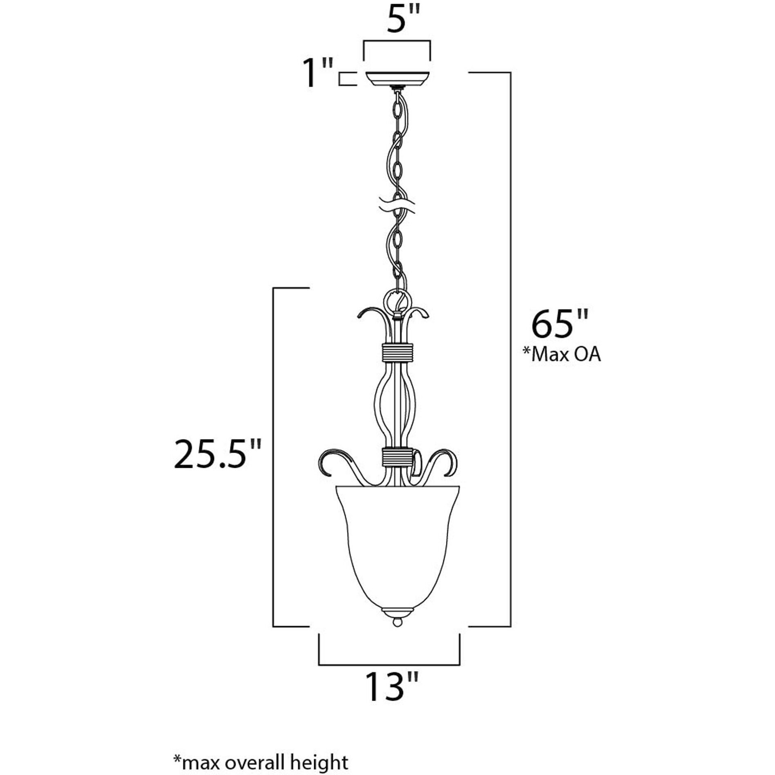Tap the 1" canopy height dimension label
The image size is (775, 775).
[x=317, y=73]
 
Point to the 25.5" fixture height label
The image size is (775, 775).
[x=217, y=454]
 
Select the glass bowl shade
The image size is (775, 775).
[x=398, y=547]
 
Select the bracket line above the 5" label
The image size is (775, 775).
[x=397, y=41]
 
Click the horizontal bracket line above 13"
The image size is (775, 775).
[x=389, y=665]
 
